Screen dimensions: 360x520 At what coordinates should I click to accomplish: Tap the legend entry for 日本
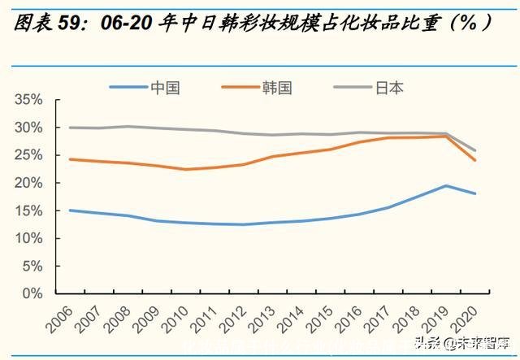tap(388, 87)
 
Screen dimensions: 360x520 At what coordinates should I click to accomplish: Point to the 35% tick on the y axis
tap(28, 100)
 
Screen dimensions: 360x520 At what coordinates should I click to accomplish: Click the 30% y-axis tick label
tap(28, 128)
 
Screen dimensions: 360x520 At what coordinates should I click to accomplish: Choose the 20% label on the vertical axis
tap(28, 183)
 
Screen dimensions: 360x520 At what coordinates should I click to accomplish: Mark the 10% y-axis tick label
tap(28, 238)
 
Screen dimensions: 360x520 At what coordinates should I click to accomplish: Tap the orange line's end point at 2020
tap(474, 160)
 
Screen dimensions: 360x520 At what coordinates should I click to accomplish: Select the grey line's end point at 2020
tap(474, 150)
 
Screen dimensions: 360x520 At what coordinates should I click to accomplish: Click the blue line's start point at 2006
tap(70, 210)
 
